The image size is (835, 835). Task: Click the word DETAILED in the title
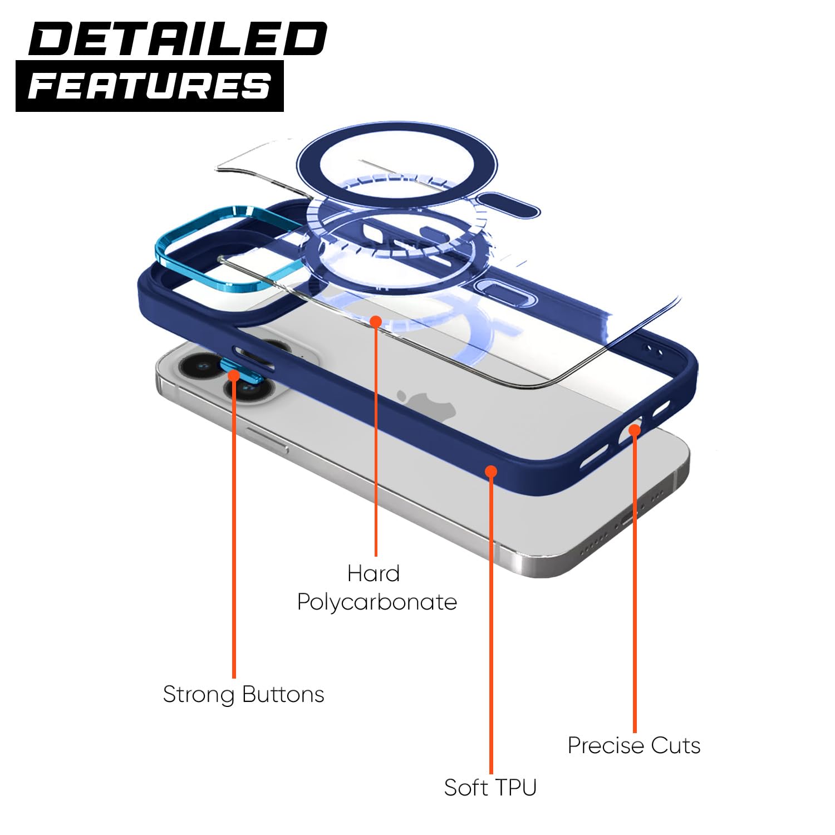[x=177, y=38]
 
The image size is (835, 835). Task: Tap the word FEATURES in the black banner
[x=149, y=86]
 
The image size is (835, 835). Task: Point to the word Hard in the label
[x=374, y=573]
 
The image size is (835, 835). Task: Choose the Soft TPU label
[x=490, y=787]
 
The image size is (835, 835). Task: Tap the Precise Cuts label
[x=634, y=745]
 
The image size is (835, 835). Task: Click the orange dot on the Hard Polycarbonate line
[x=376, y=321]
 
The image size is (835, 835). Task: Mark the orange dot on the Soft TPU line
[x=490, y=471]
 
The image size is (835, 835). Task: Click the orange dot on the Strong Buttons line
[x=234, y=375]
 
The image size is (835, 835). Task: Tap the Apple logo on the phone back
[x=426, y=404]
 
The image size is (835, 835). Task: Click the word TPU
[x=514, y=787]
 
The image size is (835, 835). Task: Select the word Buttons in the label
[x=283, y=694]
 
